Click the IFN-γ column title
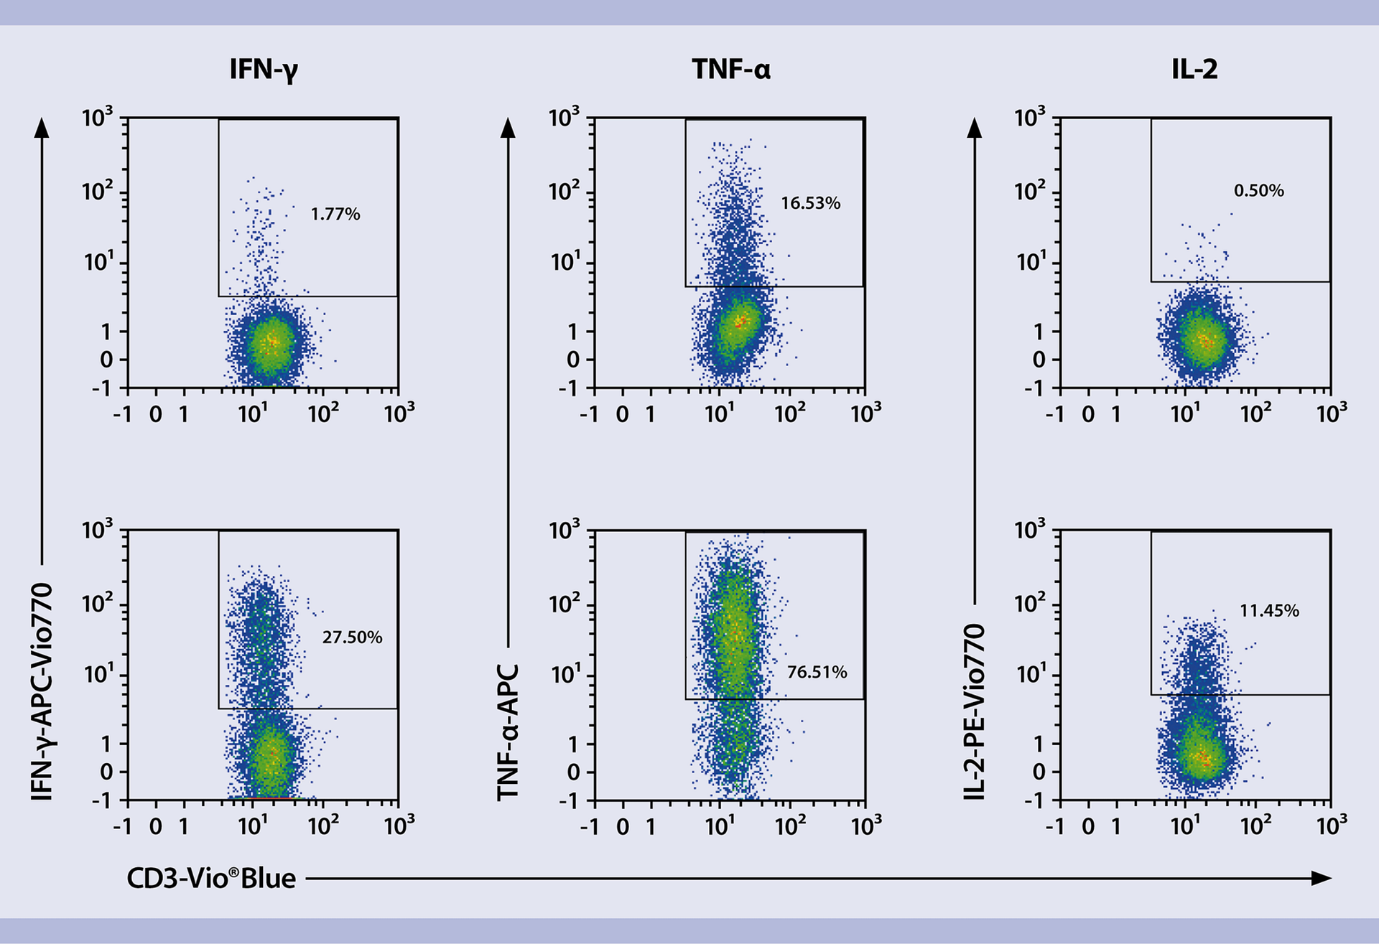coord(264,70)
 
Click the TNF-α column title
coord(731,70)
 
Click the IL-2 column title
coord(1194,70)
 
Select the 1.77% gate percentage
coord(335,214)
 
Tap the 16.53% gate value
coord(810,203)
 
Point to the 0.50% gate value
coord(1258,190)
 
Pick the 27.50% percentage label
coord(352,637)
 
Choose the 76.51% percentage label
coord(817,672)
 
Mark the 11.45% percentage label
coord(1269,611)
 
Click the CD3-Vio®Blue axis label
coord(211,878)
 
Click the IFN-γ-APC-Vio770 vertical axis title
coord(42,691)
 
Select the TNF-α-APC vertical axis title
coord(508,732)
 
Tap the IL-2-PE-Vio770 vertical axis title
coord(974,711)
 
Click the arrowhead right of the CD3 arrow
coord(1321,878)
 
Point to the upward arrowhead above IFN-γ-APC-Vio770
coord(42,128)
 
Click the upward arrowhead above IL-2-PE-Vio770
coord(974,128)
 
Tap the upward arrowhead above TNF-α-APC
coord(508,128)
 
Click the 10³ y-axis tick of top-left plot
coord(97,117)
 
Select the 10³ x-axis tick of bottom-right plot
coord(1331,826)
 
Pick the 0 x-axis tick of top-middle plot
coord(622,414)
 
